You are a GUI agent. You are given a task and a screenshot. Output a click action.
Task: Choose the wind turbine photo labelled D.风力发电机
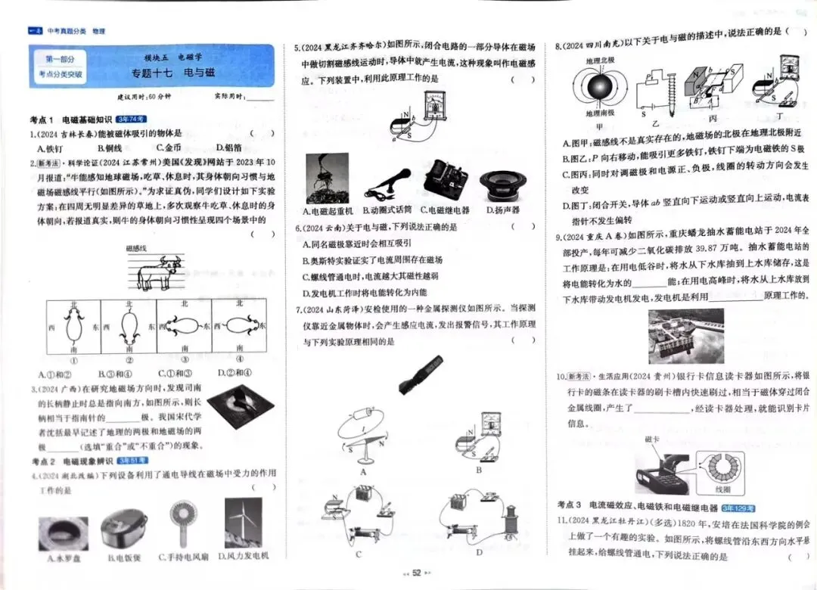pyautogui.click(x=242, y=524)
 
